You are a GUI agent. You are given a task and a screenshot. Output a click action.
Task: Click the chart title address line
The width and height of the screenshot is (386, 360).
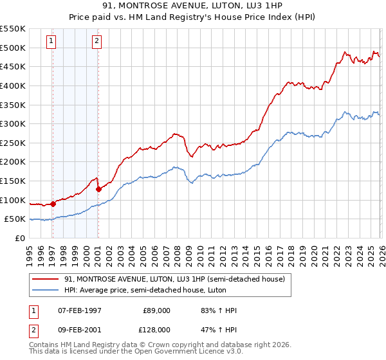click(192, 6)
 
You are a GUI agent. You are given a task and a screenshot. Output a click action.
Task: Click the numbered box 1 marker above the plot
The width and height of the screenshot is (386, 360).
click(51, 42)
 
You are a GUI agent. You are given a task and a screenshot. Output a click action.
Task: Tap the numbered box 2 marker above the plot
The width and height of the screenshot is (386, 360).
click(96, 42)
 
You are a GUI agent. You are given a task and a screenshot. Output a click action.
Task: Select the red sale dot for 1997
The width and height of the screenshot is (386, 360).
click(53, 204)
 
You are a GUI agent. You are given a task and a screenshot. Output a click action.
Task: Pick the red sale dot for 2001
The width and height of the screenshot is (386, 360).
click(98, 189)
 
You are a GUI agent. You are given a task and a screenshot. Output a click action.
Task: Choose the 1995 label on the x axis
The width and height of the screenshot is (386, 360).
click(30, 254)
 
